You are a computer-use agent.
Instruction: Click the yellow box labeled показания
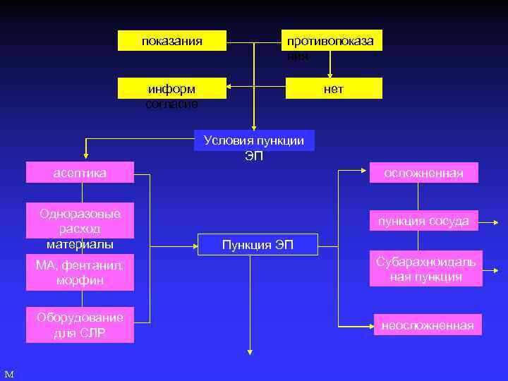point(172,41)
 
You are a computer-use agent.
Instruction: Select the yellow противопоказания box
point(333,41)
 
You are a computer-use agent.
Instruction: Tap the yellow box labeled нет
point(333,88)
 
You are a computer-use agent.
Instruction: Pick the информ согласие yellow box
point(172,89)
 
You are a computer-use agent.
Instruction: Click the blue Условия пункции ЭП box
point(254,140)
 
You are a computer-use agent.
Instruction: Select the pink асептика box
point(80,172)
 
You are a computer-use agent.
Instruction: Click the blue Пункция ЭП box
point(258,245)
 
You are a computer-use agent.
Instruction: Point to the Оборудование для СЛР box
point(80,325)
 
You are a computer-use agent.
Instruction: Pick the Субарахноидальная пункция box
point(425,269)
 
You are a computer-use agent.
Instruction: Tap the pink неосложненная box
point(428,325)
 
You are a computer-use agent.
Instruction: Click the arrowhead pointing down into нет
point(330,75)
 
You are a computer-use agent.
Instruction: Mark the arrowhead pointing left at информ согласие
point(231,89)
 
